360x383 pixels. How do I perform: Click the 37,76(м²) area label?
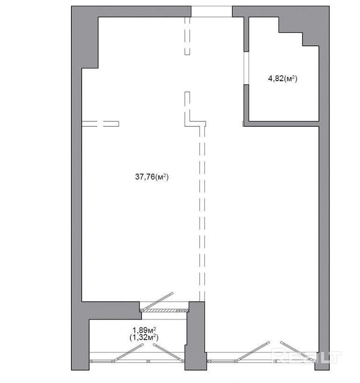tap(152, 177)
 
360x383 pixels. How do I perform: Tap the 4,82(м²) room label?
tap(283, 79)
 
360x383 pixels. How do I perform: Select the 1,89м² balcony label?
tap(144, 330)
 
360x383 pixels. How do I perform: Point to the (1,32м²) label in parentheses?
tap(144, 338)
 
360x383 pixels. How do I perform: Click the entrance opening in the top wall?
tap(212, 12)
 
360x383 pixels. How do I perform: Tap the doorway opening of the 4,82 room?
tap(246, 68)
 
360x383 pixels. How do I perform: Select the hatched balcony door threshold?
tap(164, 310)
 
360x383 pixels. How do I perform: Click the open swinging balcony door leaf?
tap(157, 301)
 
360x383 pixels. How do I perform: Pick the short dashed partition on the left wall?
tap(100, 124)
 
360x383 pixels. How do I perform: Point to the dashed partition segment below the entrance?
tap(187, 36)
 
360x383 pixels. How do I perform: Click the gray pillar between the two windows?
tap(196, 335)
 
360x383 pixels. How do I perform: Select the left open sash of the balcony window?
tap(128, 352)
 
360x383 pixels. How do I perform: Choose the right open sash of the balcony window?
tap(169, 353)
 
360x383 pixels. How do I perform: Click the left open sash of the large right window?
tap(253, 351)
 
